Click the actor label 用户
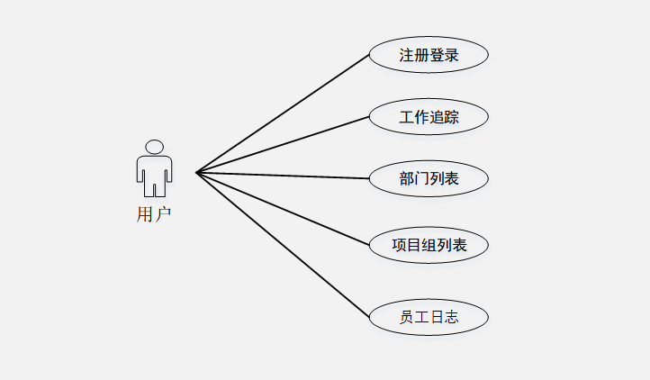154,214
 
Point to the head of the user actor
155,147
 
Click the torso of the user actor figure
155,171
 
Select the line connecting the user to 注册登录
283,113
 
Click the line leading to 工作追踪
283,144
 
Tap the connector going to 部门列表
283,175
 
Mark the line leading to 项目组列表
283,208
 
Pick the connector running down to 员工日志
283,244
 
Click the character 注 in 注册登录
407,55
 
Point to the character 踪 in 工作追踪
451,116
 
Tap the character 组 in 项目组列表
429,244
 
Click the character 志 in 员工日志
451,317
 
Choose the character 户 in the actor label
163,214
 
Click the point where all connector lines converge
196,172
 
